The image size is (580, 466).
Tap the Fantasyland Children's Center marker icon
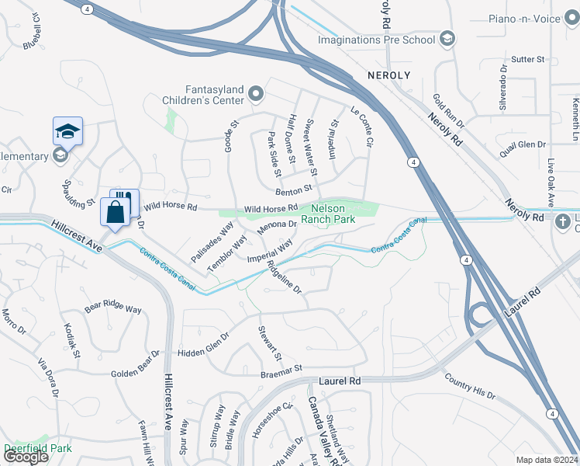257,96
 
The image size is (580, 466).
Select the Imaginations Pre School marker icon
447,38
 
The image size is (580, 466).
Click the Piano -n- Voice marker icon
570,18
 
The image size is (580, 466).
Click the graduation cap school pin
67,131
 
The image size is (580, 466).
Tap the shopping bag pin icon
115,212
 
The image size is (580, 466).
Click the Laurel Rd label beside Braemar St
340,381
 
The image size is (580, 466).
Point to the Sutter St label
529,59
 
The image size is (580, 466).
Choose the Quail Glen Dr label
524,144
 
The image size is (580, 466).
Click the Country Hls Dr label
470,386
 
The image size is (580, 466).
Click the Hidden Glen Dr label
204,344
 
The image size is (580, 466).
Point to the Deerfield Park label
37,448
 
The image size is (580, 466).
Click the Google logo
26,457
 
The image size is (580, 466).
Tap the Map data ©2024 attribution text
546,460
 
